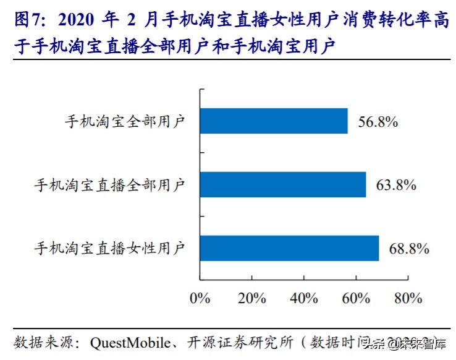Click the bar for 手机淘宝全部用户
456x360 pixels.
(x=274, y=121)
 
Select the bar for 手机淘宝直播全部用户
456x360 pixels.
(x=282, y=184)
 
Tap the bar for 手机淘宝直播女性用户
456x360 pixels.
(x=289, y=248)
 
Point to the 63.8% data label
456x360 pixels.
(x=395, y=185)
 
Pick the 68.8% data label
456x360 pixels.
(x=408, y=249)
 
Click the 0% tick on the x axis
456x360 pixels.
(x=200, y=298)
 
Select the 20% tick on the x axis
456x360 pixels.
(x=251, y=298)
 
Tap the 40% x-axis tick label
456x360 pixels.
(x=303, y=298)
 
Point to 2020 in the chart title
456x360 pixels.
(x=77, y=20)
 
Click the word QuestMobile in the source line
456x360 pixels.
(x=126, y=342)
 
